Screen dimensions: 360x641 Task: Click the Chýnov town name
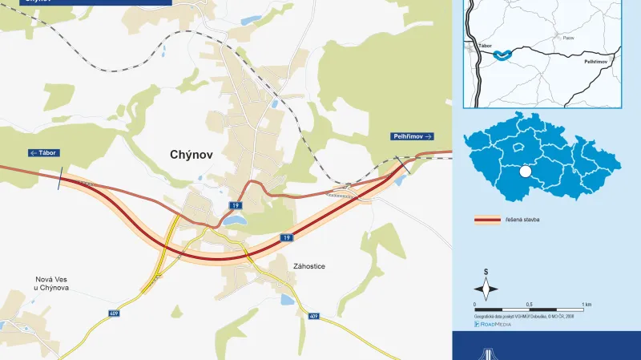191,155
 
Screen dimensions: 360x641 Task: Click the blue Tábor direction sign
44,152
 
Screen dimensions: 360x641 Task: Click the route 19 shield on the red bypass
287,238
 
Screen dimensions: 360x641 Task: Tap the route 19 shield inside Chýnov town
235,205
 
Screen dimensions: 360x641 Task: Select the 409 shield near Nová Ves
114,313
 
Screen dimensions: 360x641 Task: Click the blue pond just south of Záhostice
288,300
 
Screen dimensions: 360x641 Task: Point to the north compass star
486,287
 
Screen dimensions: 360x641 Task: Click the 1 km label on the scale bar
587,305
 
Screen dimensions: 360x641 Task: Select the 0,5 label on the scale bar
529,305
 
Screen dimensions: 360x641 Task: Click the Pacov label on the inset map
546,37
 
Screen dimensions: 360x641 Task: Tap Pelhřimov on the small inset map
597,61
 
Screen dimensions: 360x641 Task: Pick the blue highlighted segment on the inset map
502,55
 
